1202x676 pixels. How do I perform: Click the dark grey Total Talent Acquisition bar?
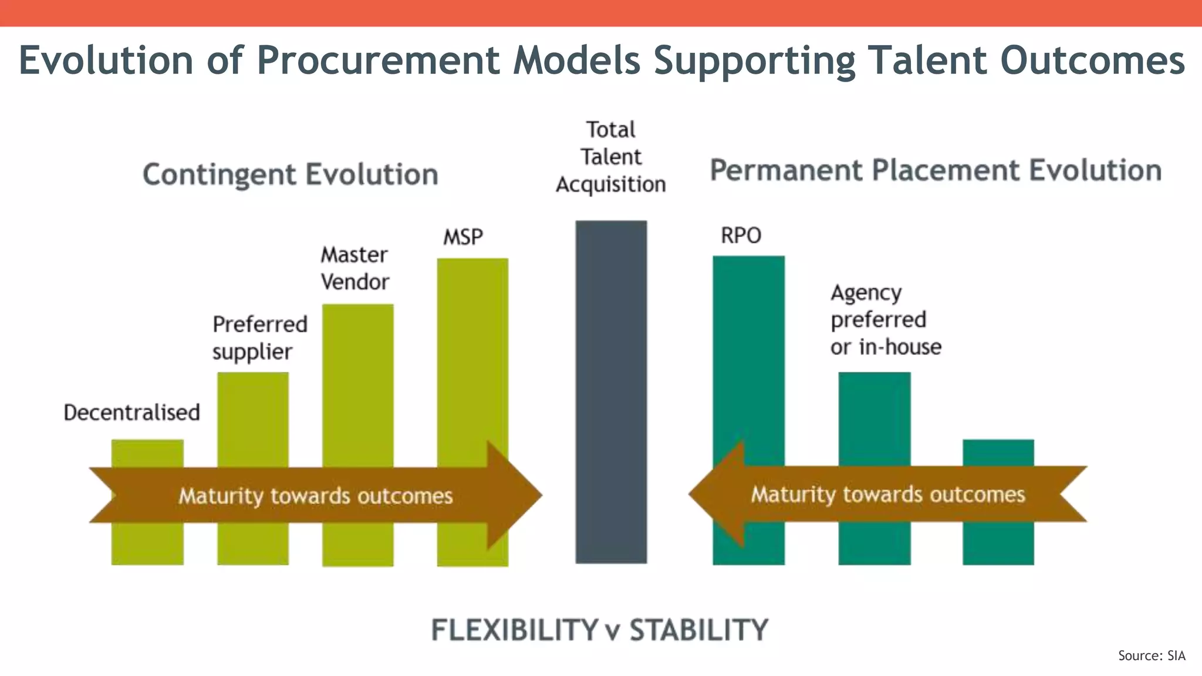pyautogui.click(x=611, y=352)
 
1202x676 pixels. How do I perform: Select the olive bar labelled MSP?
pyautogui.click(x=472, y=352)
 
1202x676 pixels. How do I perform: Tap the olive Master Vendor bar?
pyautogui.click(x=357, y=381)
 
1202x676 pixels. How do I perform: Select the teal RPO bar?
pyautogui.click(x=748, y=352)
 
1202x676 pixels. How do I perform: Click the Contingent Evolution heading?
pyautogui.click(x=291, y=175)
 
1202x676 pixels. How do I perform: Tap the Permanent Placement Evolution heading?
pyautogui.click(x=936, y=171)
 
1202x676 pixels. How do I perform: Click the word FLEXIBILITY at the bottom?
pyautogui.click(x=515, y=630)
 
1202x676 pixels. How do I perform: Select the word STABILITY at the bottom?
pyautogui.click(x=698, y=630)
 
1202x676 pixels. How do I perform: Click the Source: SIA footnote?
pyautogui.click(x=1152, y=655)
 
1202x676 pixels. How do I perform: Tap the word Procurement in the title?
pyautogui.click(x=378, y=60)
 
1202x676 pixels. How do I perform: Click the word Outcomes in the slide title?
pyautogui.click(x=1092, y=60)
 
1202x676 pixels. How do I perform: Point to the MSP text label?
pyautogui.click(x=463, y=237)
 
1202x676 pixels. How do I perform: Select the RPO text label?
pyautogui.click(x=741, y=236)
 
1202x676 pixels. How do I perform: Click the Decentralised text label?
pyautogui.click(x=131, y=413)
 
